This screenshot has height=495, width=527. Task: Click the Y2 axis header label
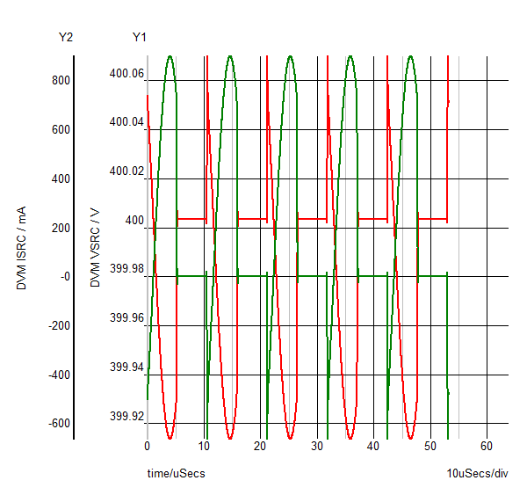pyautogui.click(x=65, y=37)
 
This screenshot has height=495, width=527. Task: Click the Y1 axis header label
pyautogui.click(x=140, y=37)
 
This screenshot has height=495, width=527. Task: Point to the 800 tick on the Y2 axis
pyautogui.click(x=60, y=81)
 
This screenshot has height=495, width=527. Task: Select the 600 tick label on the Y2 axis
pyautogui.click(x=60, y=130)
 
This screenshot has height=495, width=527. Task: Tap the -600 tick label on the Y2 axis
pyautogui.click(x=57, y=424)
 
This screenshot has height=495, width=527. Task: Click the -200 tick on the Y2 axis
pyautogui.click(x=57, y=326)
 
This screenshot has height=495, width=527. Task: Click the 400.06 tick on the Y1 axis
pyautogui.click(x=126, y=73)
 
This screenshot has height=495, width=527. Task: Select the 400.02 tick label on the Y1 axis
pyautogui.click(x=126, y=171)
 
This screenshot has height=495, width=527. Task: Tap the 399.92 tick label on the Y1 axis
pyautogui.click(x=126, y=416)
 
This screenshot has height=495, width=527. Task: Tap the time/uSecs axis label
pyautogui.click(x=176, y=474)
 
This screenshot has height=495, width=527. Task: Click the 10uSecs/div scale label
pyautogui.click(x=478, y=474)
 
